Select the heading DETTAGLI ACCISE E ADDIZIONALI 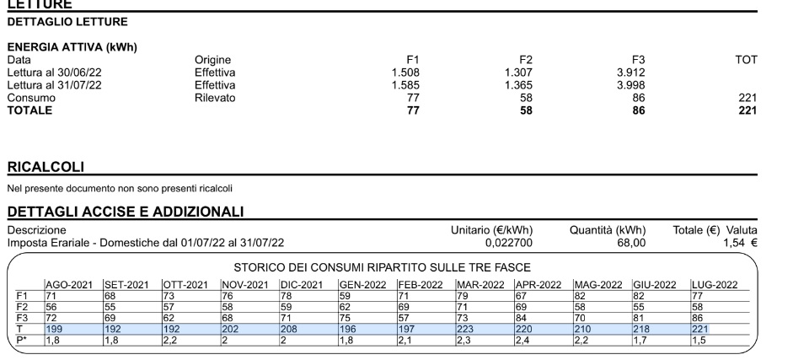tap(126, 210)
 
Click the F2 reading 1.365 tap(519, 85)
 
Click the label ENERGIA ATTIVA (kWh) tap(72, 47)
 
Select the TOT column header tap(746, 60)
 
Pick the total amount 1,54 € tap(740, 243)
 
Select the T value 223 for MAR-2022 tap(466, 327)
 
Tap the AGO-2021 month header tap(69, 285)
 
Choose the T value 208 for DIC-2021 tap(289, 327)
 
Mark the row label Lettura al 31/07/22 tap(54, 85)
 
